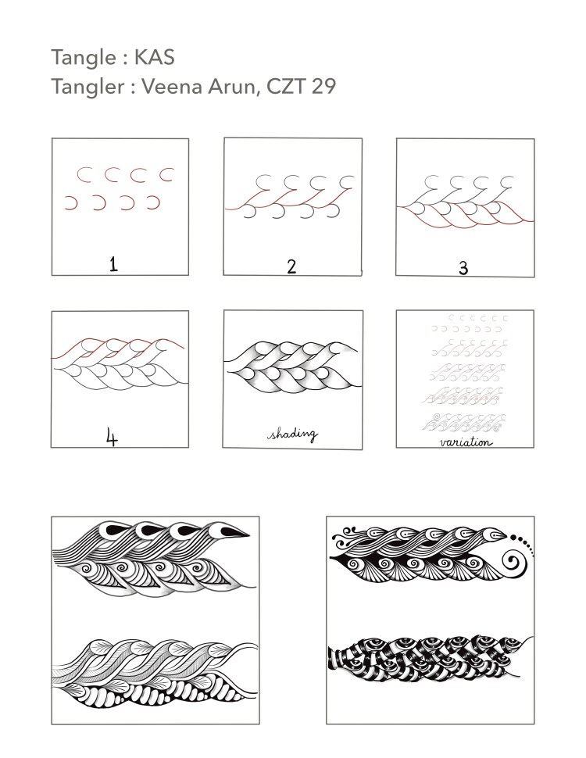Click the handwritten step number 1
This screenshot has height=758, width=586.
(x=113, y=264)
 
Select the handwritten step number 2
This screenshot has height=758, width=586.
(x=291, y=266)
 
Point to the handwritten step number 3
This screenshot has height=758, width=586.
(x=463, y=269)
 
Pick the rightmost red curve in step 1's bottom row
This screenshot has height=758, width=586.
(x=153, y=203)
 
